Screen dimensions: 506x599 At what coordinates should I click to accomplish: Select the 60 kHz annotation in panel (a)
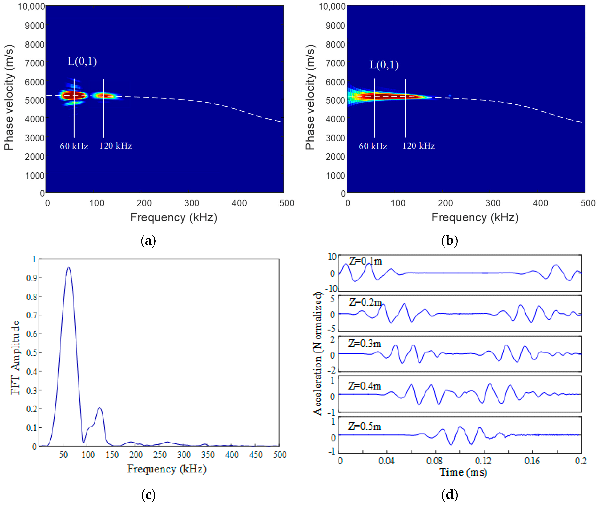pyautogui.click(x=74, y=146)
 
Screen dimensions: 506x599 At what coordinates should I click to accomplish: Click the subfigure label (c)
pyautogui.click(x=148, y=495)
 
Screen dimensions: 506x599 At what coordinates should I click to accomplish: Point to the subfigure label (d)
pyautogui.click(x=449, y=495)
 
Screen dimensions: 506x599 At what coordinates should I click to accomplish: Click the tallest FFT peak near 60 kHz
pyautogui.click(x=68, y=267)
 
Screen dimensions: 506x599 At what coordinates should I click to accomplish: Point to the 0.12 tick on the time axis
pyautogui.click(x=483, y=461)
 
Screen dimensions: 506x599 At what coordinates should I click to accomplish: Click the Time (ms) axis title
pyautogui.click(x=463, y=472)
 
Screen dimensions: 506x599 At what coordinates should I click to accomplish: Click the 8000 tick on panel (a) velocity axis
pyautogui.click(x=35, y=44)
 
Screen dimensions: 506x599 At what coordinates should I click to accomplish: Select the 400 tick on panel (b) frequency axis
pyautogui.click(x=540, y=203)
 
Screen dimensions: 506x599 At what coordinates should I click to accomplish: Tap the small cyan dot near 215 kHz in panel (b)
pyautogui.click(x=450, y=96)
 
